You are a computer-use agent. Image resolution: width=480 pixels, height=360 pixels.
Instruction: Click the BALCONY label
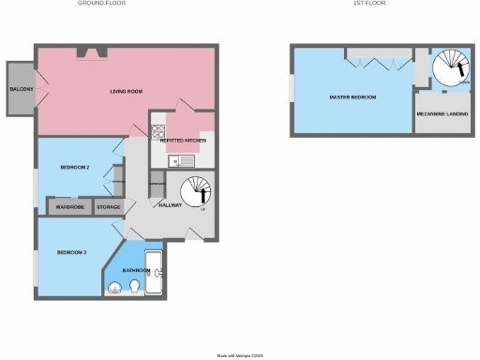21,89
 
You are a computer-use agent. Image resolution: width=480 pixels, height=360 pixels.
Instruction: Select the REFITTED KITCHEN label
182,141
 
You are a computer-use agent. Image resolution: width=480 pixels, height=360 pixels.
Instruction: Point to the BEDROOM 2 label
74,168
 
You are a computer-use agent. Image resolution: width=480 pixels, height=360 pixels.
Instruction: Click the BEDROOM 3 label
71,253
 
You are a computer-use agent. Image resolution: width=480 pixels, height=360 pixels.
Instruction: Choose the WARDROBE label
70,206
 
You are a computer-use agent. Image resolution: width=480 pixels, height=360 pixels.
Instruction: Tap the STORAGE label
109,206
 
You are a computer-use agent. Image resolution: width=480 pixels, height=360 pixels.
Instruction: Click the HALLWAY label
170,205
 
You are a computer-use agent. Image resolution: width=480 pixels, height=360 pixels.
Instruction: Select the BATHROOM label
137,270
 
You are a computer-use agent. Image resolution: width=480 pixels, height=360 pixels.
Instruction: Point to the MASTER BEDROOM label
352,97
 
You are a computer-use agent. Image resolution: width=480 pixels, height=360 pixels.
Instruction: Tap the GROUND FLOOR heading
100,4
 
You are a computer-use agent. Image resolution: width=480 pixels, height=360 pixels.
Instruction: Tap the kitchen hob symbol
157,133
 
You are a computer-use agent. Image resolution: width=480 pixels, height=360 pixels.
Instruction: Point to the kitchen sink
176,161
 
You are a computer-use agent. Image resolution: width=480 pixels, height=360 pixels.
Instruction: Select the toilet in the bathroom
137,286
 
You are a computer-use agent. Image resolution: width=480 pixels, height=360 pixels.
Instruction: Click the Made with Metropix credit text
241,355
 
